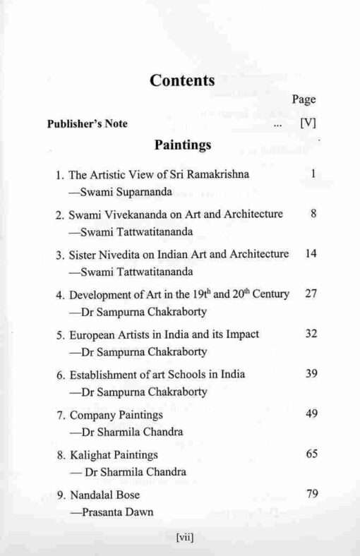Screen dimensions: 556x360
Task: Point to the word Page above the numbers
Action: pyautogui.click(x=304, y=99)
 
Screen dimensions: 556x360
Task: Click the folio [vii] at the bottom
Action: pyautogui.click(x=184, y=538)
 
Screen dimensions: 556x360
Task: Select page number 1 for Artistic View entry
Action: pyautogui.click(x=311, y=174)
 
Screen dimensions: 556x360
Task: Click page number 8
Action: pyautogui.click(x=311, y=214)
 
